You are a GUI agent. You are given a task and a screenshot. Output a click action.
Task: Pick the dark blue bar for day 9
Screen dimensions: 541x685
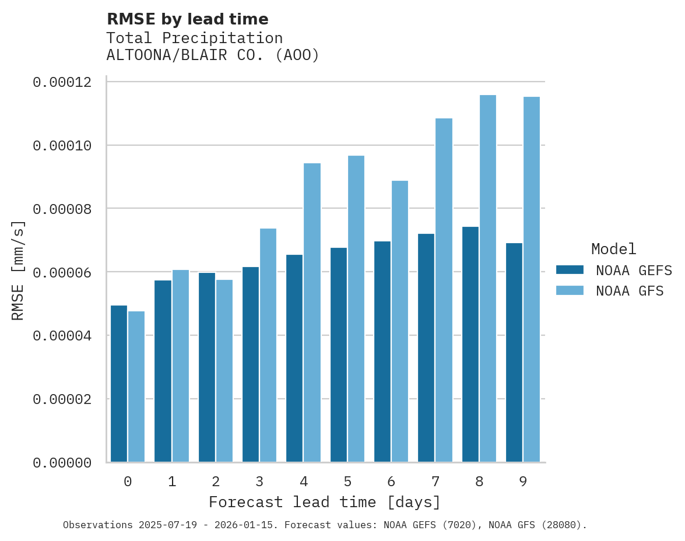coord(514,352)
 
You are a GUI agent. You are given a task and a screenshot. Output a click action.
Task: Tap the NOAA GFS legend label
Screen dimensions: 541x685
coord(630,290)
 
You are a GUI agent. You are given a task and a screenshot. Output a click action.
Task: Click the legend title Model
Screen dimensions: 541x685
coord(613,249)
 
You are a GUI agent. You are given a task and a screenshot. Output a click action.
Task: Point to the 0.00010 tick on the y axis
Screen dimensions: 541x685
coord(62,145)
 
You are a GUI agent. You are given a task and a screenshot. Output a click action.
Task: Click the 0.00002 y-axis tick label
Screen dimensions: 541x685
coord(62,399)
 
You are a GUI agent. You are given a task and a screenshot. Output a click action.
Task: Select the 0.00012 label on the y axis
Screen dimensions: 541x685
coord(62,82)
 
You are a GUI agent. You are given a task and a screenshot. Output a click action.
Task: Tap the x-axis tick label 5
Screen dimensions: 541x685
coord(347,482)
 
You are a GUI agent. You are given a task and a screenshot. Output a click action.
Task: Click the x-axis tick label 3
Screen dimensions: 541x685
coord(259,482)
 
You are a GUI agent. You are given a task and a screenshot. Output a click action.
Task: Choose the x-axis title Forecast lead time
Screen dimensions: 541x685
coord(325,502)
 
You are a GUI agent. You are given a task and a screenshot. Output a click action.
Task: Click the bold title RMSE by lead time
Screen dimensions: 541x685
coord(187,19)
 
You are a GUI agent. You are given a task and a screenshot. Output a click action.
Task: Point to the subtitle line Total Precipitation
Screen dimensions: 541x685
coord(194,38)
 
